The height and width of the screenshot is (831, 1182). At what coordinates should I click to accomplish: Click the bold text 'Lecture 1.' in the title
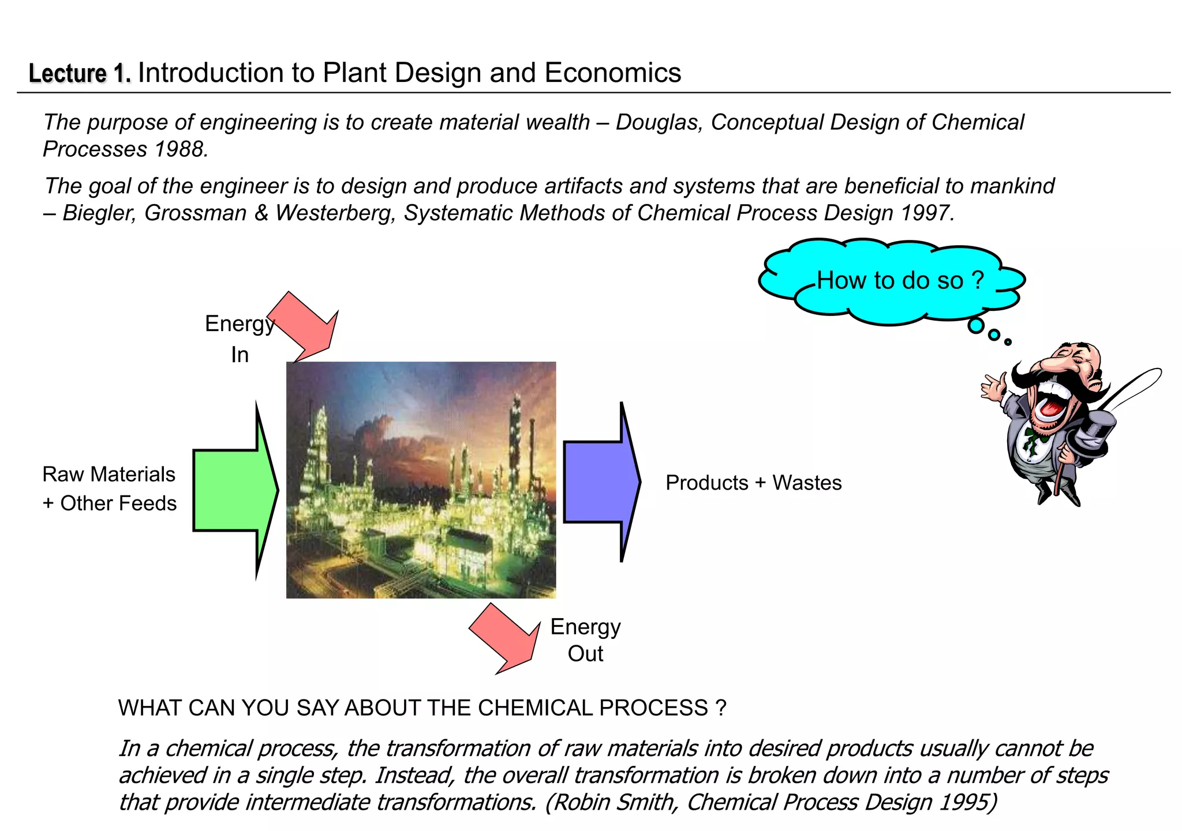[80, 74]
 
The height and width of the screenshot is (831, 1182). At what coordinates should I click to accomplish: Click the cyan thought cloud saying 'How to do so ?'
[892, 281]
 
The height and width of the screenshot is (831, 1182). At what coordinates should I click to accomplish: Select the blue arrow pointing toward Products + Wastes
[600, 482]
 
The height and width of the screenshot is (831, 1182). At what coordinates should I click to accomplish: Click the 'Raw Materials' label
[109, 475]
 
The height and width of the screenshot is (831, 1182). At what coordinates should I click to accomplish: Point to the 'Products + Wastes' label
[753, 483]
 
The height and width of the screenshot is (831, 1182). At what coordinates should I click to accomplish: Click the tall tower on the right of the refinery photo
[514, 438]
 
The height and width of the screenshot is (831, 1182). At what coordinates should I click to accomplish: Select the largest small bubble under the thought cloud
[975, 326]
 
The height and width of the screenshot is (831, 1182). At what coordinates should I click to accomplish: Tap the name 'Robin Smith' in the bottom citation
[616, 802]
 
